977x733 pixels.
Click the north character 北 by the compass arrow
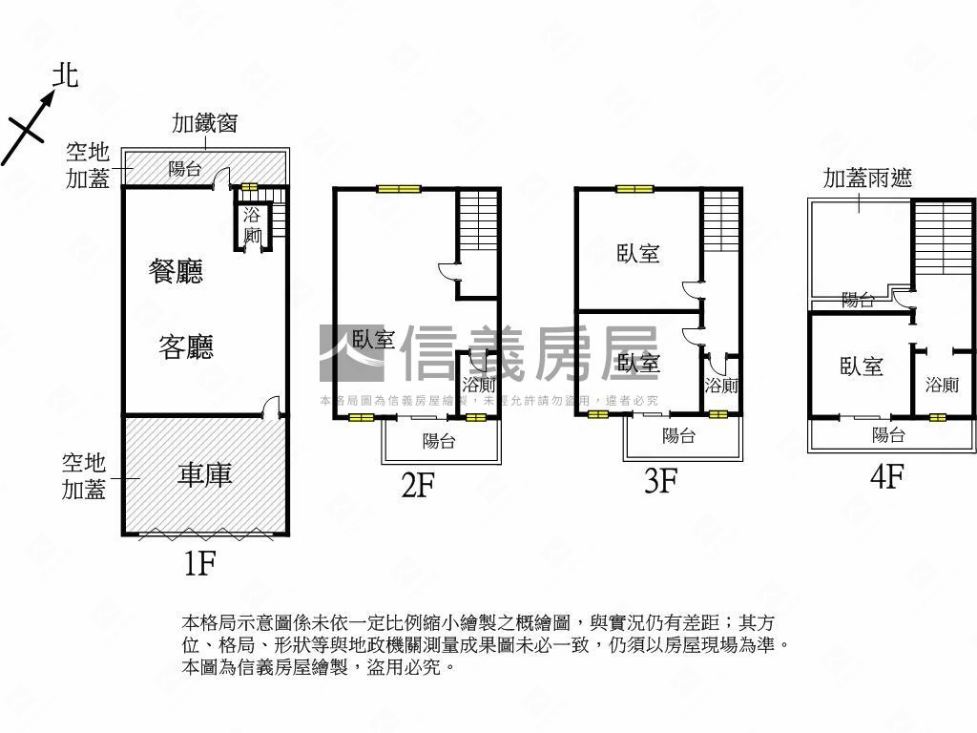click(65, 75)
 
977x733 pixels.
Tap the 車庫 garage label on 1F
click(204, 474)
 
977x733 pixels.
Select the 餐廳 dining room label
click(177, 272)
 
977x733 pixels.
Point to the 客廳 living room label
click(186, 346)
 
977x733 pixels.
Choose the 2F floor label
click(418, 486)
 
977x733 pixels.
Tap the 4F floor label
click(887, 475)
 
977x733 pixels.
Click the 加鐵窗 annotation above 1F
click(204, 123)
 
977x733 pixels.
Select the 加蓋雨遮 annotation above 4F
click(867, 178)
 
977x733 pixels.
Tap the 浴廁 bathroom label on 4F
click(942, 385)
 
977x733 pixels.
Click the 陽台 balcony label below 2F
click(438, 441)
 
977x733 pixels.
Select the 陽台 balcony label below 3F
click(678, 436)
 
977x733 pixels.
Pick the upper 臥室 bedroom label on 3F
click(638, 254)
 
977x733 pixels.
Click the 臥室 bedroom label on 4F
click(862, 366)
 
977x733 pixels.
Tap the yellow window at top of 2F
click(399, 189)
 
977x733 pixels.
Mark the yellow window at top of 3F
click(634, 189)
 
